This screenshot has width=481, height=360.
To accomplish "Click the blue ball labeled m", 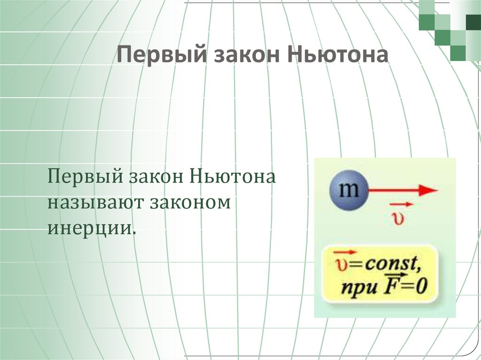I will click(348, 191).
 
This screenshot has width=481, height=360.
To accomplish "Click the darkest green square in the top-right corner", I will click(473, 22).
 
